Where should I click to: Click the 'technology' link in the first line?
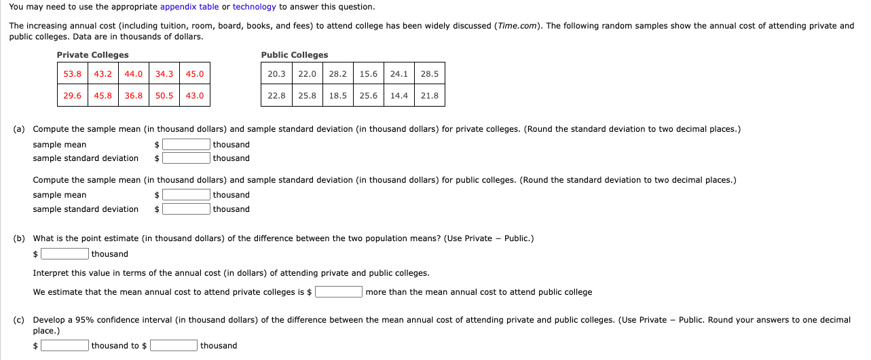tap(254, 7)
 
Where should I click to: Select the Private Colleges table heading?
tap(92, 55)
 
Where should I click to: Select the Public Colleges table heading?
tap(294, 55)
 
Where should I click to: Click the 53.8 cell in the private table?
tap(73, 74)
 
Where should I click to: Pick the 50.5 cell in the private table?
tap(164, 96)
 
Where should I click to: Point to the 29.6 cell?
tap(73, 96)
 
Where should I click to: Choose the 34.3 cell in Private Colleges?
tap(164, 74)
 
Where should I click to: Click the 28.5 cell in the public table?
tap(430, 74)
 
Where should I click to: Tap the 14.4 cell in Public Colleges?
tap(399, 96)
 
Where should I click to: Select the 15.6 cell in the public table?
tap(369, 74)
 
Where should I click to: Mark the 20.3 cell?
tap(276, 74)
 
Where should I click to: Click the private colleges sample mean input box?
tap(186, 145)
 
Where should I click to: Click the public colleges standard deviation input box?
tap(186, 209)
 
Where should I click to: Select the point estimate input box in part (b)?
tap(65, 254)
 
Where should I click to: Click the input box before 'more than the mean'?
tap(338, 292)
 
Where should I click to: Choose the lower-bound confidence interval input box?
tap(65, 346)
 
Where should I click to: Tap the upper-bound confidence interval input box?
tap(174, 346)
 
